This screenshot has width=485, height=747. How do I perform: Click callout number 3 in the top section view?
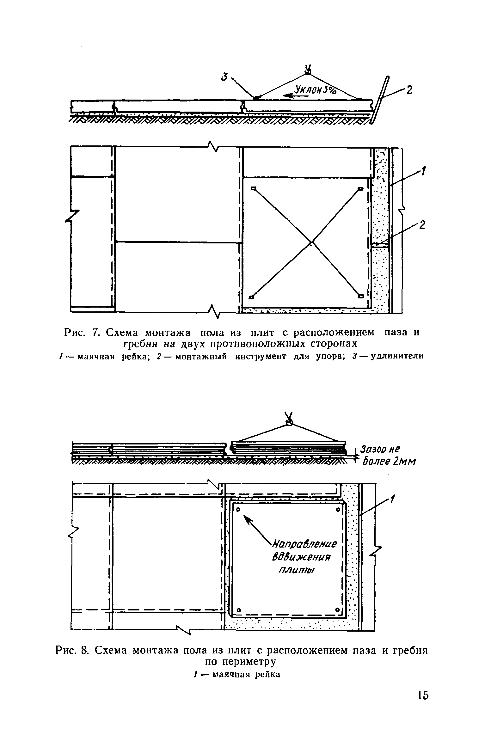225,77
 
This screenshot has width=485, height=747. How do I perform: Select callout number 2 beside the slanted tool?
409,90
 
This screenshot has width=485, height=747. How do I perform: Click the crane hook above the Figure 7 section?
307,70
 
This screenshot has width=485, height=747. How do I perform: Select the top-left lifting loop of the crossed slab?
253,189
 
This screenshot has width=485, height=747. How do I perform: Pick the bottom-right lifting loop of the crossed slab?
361,296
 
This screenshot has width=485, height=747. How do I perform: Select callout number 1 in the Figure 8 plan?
392,499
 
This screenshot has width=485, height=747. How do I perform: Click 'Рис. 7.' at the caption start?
81,333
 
